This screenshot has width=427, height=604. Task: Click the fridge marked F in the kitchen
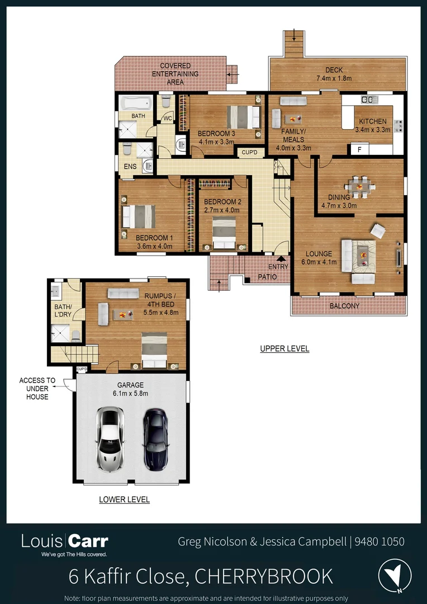[359, 149]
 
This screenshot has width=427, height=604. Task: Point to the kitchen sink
[369, 100]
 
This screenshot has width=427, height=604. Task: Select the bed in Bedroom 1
[139, 216]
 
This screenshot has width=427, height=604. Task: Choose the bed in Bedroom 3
[244, 117]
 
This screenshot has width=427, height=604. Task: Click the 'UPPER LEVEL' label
[284, 349]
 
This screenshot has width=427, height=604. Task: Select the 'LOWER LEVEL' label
[124, 499]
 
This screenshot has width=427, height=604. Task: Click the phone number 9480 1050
[380, 541]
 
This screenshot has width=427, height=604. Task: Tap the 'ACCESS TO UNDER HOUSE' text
[37, 389]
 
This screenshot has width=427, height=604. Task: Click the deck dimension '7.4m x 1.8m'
[337, 79]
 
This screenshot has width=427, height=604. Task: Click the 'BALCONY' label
[344, 306]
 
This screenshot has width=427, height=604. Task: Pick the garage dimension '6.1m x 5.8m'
[130, 394]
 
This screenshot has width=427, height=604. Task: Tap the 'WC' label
[167, 119]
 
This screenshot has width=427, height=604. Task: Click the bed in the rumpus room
[154, 351]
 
